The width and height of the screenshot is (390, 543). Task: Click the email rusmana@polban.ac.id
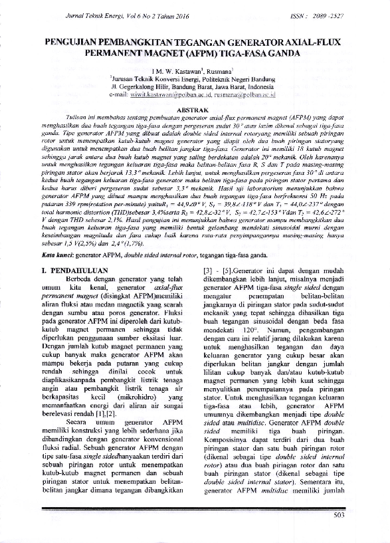pos(243,94)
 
